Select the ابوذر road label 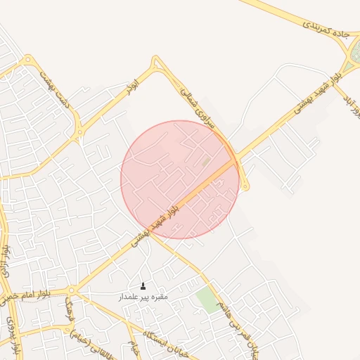131,87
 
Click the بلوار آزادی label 7,261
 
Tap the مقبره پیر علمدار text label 143,297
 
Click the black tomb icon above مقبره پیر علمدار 143,285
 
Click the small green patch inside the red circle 206,162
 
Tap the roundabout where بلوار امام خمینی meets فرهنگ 72,290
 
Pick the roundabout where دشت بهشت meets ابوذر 80,131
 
